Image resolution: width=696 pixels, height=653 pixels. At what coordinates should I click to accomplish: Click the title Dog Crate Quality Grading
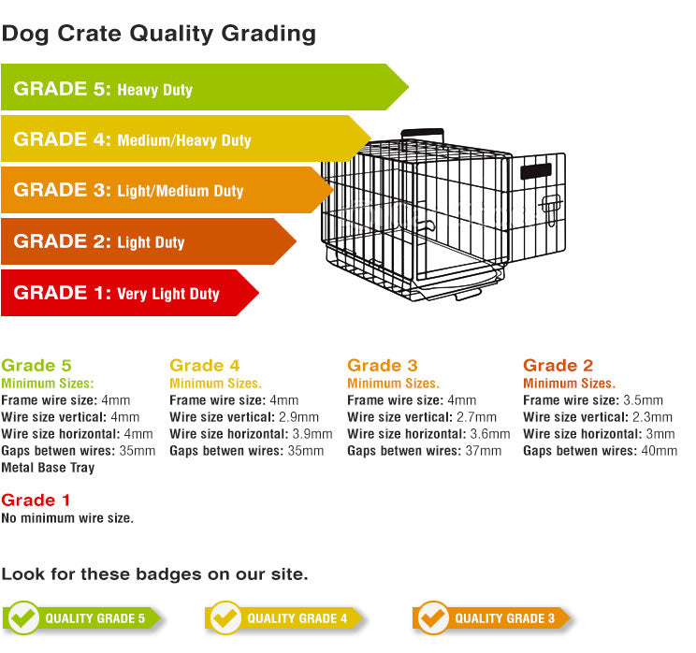(x=159, y=35)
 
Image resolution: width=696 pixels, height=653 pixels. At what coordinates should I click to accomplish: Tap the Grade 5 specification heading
(x=36, y=366)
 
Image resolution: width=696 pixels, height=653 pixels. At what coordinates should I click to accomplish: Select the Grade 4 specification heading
(x=205, y=366)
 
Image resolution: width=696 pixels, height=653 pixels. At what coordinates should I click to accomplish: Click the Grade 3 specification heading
(x=383, y=366)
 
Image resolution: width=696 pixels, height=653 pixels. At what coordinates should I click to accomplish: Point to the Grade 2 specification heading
(x=558, y=366)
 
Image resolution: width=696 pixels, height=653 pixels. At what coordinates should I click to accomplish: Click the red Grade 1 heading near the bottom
(x=36, y=500)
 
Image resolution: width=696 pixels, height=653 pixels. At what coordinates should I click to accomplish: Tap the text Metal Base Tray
(x=48, y=468)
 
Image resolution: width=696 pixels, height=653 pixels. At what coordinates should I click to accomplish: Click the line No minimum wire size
(x=67, y=518)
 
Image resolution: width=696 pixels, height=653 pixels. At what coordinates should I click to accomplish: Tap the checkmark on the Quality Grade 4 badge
(x=225, y=617)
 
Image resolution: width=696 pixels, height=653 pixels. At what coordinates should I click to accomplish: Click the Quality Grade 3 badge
(x=491, y=618)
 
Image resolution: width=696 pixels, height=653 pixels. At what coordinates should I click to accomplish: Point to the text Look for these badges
(x=154, y=573)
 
